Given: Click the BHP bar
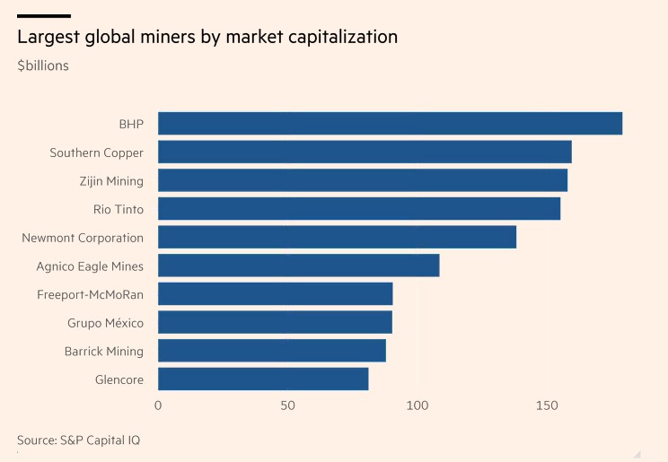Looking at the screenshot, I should pos(390,124).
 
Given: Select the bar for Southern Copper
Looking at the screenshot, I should pos(365,153).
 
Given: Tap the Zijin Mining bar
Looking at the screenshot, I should pos(363,180).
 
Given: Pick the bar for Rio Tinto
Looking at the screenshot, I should pos(359,209).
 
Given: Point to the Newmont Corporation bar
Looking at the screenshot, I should pos(337,238).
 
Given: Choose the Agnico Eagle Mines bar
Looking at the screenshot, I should pos(298,266).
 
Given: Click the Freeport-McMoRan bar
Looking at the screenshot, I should pos(275,294).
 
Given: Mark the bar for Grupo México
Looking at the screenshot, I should pos(275,322).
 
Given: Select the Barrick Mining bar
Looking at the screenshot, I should pos(271,351).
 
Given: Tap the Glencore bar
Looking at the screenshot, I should pos(263,379).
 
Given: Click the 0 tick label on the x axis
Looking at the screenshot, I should pos(158,406).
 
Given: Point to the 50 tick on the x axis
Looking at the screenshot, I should pos(287,406).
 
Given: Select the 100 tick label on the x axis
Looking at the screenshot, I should pos(417,406).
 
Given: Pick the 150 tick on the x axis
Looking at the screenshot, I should pos(547,406).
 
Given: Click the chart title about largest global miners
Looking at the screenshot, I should pos(207,38).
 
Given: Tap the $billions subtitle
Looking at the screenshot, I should pos(43,65).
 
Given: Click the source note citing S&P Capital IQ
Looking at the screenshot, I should pos(78,440).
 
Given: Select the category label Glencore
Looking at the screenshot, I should pos(119,379).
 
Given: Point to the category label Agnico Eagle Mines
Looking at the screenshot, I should pos(90,266).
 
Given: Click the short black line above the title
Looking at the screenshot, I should pos(43,16).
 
